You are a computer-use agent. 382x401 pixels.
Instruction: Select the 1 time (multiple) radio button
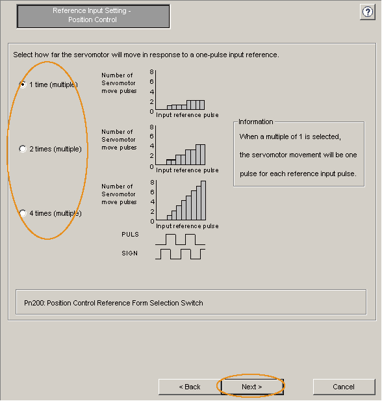click(x=23, y=84)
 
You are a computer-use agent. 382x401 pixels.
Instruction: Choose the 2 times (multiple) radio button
click(x=23, y=149)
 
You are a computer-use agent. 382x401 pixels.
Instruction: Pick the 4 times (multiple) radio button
click(x=23, y=213)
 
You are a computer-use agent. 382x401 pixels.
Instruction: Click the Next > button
click(x=252, y=387)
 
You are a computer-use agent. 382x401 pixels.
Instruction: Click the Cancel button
click(x=344, y=387)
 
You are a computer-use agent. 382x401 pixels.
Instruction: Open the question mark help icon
click(x=368, y=12)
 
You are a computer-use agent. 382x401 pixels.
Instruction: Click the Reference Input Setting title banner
click(x=93, y=16)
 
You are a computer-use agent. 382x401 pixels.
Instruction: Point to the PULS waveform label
click(x=130, y=234)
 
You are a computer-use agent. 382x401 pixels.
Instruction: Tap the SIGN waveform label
click(x=130, y=253)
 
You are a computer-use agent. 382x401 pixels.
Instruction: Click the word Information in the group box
click(x=256, y=122)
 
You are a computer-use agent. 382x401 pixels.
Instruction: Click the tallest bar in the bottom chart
click(x=203, y=200)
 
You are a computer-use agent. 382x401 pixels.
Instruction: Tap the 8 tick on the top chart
click(x=151, y=72)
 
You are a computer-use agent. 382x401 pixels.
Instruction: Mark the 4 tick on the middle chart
click(x=152, y=146)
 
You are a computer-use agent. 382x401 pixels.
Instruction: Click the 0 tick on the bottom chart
click(x=152, y=221)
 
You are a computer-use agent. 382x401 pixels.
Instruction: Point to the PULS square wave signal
click(x=180, y=239)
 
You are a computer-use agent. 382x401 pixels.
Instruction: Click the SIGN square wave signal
click(x=180, y=254)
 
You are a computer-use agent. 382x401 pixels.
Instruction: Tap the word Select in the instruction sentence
click(x=23, y=55)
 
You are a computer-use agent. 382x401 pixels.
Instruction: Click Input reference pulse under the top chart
click(x=187, y=115)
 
